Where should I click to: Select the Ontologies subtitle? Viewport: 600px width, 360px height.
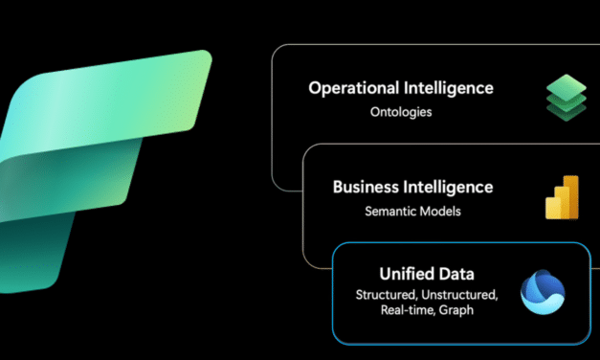400,112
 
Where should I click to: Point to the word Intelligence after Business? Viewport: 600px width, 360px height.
449,187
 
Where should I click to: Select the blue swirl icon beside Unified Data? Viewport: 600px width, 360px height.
543,293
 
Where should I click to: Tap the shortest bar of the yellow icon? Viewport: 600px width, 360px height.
548,209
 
